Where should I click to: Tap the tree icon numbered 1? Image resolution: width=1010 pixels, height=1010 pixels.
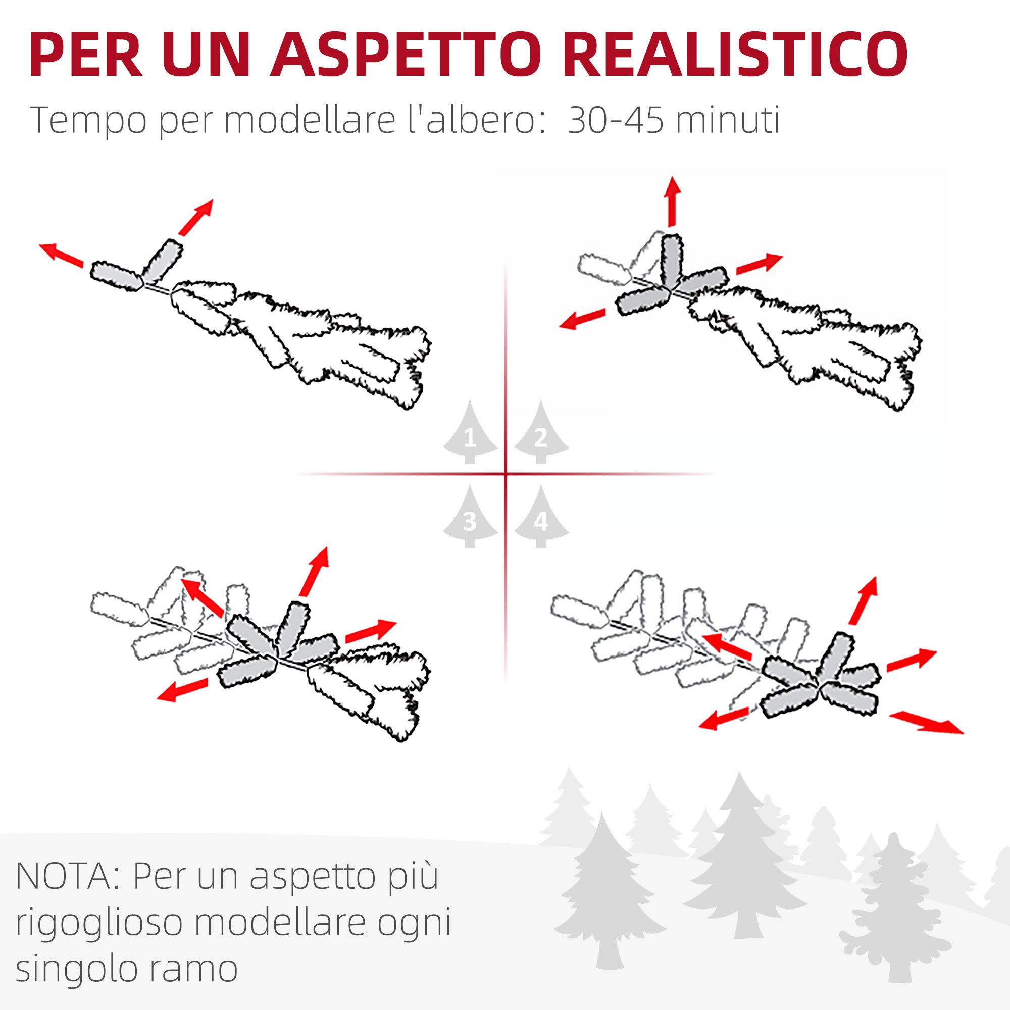click(470, 432)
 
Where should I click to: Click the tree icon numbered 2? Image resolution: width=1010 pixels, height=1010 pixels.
click(541, 432)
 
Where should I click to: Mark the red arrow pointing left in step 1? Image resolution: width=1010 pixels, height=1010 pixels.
click(61, 255)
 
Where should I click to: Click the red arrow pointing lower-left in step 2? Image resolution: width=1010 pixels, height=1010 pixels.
click(582, 319)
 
